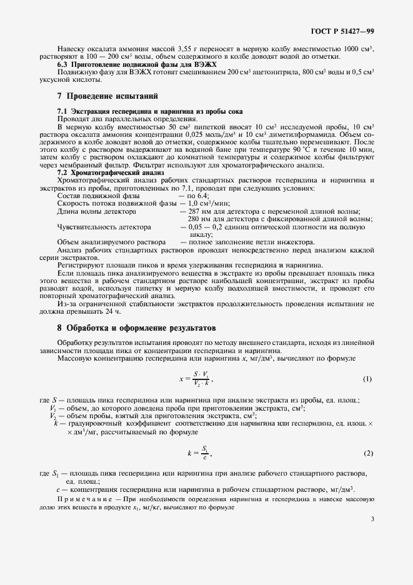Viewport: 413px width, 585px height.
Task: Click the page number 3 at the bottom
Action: coord(372,518)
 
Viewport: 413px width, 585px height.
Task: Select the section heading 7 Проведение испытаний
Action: coord(107,96)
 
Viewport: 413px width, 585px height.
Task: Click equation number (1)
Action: coord(367,379)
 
